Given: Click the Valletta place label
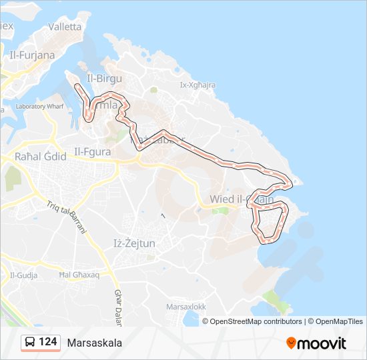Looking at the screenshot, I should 65,27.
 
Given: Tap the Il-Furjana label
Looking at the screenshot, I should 33,55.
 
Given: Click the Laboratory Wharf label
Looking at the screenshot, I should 39,106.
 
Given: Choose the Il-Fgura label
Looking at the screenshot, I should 95,151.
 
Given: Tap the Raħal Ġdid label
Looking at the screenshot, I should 40,157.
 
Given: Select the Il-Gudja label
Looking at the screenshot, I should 23,275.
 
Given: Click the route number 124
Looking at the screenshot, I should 48,342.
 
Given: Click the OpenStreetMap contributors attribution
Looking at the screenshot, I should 256,321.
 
